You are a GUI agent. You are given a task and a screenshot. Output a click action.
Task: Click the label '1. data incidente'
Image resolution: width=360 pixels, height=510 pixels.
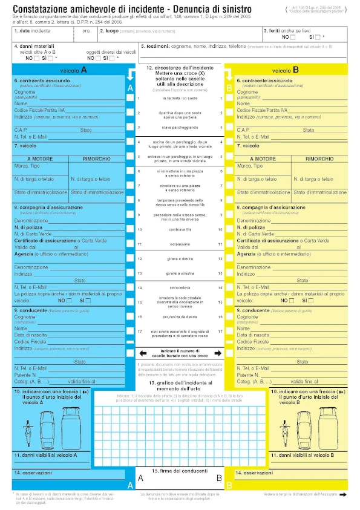coord(33,30)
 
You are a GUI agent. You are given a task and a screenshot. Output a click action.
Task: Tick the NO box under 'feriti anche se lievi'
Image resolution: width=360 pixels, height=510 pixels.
coord(293,37)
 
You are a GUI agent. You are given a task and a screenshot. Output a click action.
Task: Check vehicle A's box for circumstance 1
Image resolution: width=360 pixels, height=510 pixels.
coord(130,98)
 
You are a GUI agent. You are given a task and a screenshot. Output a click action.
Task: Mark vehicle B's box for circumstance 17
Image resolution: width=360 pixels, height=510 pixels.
coord(229,332)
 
